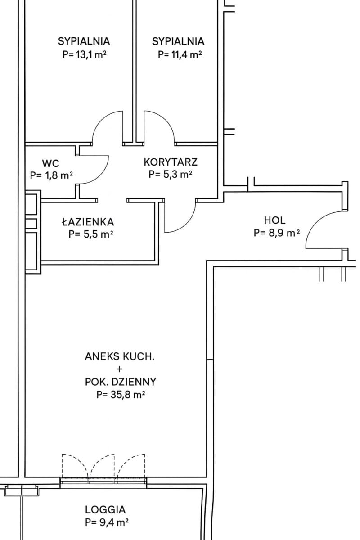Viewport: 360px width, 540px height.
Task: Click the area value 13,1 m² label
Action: pos(85,55)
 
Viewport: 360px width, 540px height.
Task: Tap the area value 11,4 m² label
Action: pos(180,55)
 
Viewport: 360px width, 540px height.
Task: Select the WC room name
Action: pos(51,163)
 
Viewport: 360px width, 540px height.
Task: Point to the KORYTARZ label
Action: pos(171,162)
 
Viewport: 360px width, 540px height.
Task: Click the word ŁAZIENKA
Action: pos(88,222)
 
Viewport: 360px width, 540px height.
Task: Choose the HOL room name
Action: pos(274,220)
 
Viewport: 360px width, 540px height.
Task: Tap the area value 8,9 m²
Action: pos(277,233)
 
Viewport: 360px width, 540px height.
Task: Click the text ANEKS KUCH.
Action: pos(120,356)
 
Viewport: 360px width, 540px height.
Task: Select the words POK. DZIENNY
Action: pos(121,382)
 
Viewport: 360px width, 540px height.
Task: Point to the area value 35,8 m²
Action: pos(121,395)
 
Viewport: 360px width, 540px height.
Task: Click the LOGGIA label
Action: pos(105,509)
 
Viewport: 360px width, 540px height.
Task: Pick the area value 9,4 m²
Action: pos(107,522)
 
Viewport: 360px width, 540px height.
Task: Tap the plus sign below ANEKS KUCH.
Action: pos(119,369)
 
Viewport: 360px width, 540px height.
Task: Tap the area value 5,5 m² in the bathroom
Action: pos(91,234)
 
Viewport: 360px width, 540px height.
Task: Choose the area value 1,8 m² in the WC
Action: pos(51,175)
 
